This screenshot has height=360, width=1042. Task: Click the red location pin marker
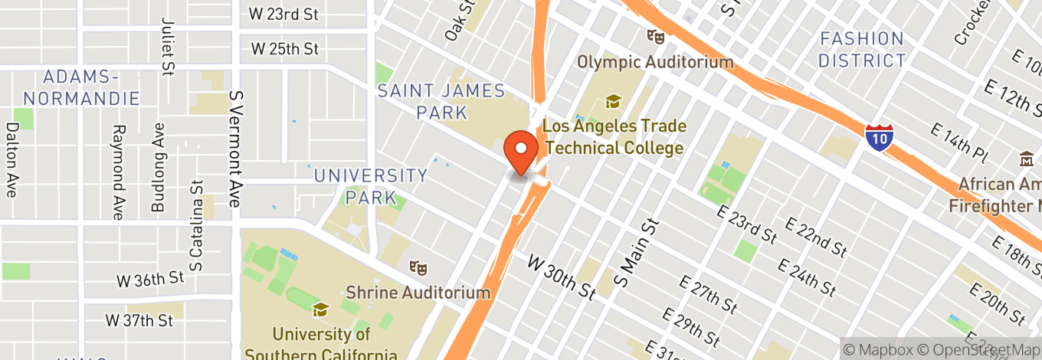[521, 152]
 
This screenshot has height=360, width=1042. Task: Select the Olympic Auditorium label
[655, 62]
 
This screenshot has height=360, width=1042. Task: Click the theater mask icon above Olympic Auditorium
[654, 35]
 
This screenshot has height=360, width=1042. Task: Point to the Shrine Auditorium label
[418, 293]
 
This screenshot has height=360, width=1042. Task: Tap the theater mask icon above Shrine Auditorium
[418, 268]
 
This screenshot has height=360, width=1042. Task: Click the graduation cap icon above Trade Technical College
[612, 101]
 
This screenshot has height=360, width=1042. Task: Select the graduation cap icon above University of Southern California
[320, 309]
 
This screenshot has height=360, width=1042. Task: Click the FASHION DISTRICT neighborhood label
[862, 50]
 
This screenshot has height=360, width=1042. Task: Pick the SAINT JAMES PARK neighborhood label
[441, 102]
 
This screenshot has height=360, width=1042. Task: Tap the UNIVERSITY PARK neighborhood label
[371, 186]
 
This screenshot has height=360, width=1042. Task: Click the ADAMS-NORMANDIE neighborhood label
[81, 87]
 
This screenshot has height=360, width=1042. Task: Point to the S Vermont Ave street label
[235, 149]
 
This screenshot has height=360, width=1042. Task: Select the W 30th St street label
[562, 278]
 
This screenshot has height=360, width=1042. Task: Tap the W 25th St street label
[285, 49]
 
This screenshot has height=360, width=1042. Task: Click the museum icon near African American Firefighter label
[1026, 161]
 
